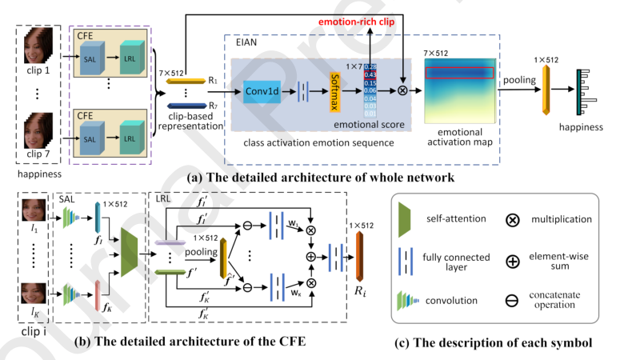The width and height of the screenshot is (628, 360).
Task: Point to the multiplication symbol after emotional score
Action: (x=402, y=90)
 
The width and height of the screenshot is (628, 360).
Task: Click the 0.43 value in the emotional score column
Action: (x=370, y=74)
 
